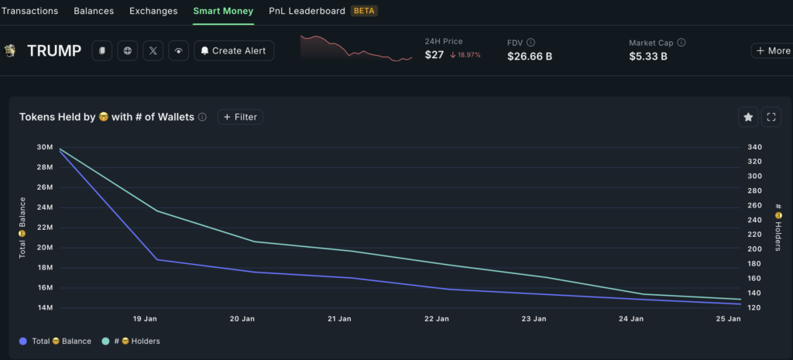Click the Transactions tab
[x=29, y=11]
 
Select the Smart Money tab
[x=223, y=11]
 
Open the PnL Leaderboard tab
[x=306, y=11]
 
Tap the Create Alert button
[x=233, y=51]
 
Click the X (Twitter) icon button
[x=153, y=51]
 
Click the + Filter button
[x=240, y=117]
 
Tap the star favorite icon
[x=748, y=117]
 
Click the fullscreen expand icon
[x=771, y=117]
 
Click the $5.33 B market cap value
[x=648, y=56]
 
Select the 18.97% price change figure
[x=465, y=55]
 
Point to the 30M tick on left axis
[x=44, y=148]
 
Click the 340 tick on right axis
[x=754, y=148]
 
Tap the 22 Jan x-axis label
[x=437, y=319]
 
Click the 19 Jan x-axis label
[x=146, y=319]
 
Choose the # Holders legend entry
[x=131, y=341]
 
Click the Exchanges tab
[x=153, y=11]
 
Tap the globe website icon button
[x=128, y=51]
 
